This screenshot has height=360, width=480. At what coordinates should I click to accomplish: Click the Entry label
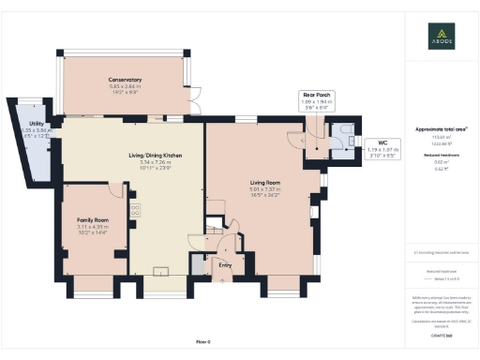pos(224,265)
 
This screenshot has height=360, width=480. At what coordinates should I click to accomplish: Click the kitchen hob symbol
pos(135,212)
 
